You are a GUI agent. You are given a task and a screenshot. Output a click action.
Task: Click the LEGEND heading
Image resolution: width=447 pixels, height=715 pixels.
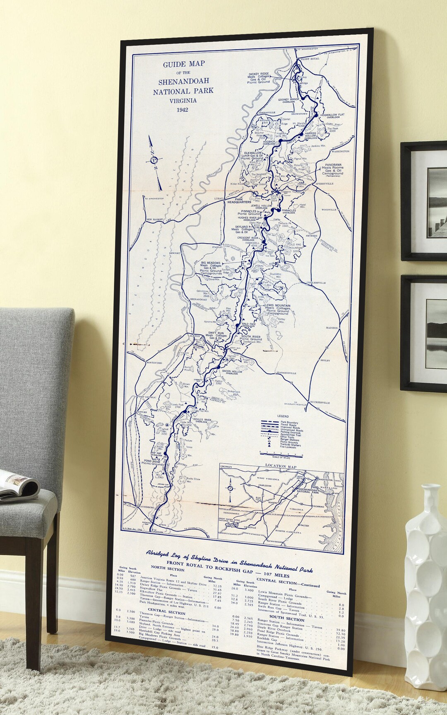(283, 416)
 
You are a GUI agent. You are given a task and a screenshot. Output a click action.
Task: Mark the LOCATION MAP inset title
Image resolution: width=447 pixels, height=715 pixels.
(281, 466)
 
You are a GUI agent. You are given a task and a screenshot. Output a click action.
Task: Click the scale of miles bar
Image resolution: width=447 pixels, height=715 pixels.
(281, 454)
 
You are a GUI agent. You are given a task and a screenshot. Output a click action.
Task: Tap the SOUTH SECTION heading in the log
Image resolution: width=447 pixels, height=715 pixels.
(286, 620)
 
